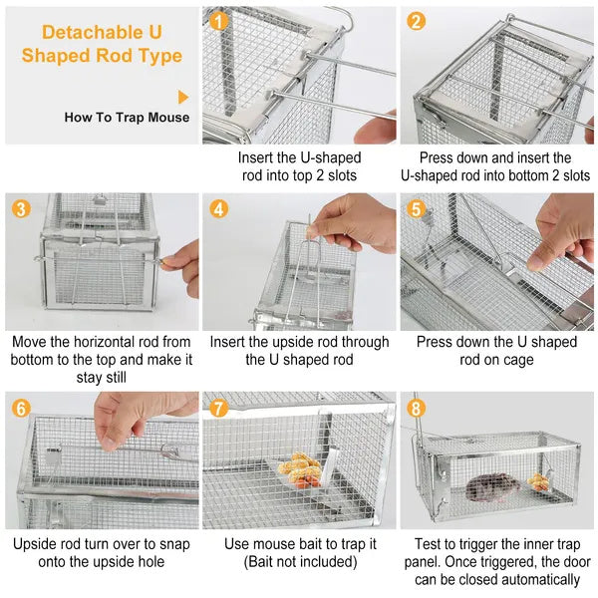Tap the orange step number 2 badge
417,21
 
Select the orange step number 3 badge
21,208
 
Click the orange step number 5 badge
417,208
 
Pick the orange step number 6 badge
21,408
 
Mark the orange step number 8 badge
417,408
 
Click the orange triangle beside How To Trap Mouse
183,97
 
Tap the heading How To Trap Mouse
127,118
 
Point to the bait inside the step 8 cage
539,481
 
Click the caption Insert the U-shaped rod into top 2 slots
299,166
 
